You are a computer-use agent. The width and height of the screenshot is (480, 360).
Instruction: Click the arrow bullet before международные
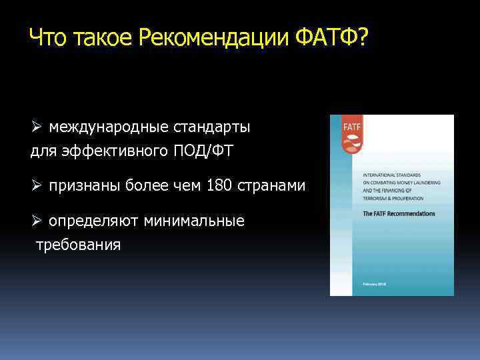coord(37,127)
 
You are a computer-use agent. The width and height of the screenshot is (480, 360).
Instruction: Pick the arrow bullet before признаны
coord(37,185)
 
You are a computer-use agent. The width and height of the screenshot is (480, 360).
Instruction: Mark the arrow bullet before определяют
coord(37,221)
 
